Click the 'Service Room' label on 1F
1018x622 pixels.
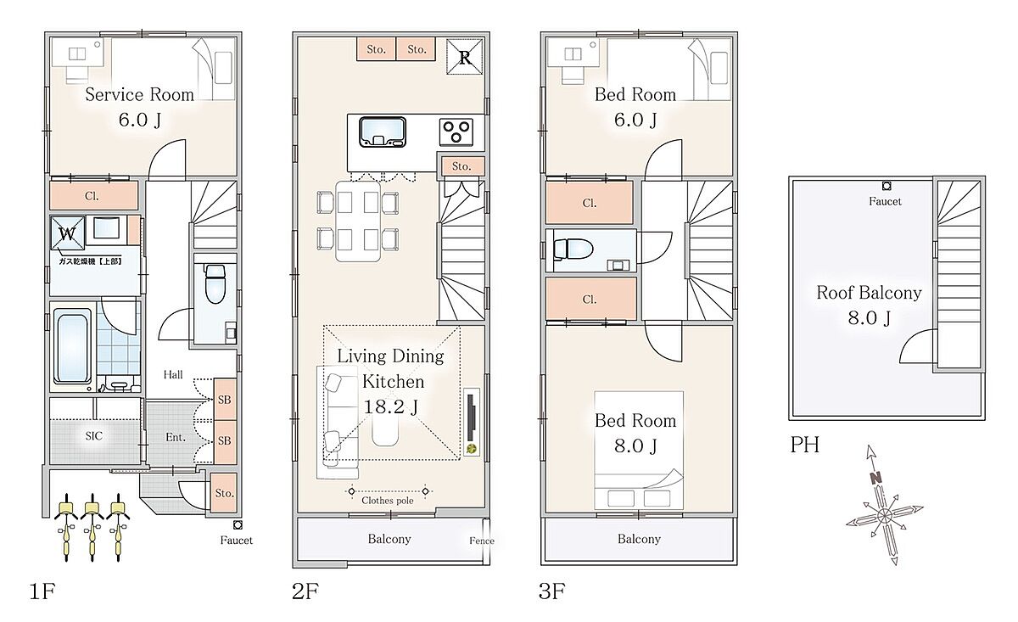[139, 94]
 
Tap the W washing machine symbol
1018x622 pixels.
[67, 233]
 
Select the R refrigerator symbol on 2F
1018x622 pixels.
[465, 57]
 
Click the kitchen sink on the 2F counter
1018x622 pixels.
[383, 132]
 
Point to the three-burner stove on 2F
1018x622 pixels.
[456, 132]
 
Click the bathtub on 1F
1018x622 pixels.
[72, 346]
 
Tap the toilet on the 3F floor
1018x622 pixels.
[573, 249]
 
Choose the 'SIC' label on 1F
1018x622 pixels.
[94, 436]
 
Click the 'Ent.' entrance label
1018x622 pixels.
[176, 437]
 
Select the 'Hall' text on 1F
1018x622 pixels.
[173, 375]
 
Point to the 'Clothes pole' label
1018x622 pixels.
[387, 501]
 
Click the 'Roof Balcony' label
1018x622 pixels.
[869, 293]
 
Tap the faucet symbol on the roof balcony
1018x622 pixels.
[887, 186]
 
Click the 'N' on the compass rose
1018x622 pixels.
[875, 478]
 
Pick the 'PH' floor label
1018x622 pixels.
[805, 445]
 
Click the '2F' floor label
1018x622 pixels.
[305, 591]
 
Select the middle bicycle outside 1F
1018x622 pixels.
[92, 527]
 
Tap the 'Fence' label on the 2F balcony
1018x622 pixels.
[482, 541]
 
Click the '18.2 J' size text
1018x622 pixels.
[391, 407]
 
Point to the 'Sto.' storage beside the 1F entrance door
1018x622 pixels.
[224, 493]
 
